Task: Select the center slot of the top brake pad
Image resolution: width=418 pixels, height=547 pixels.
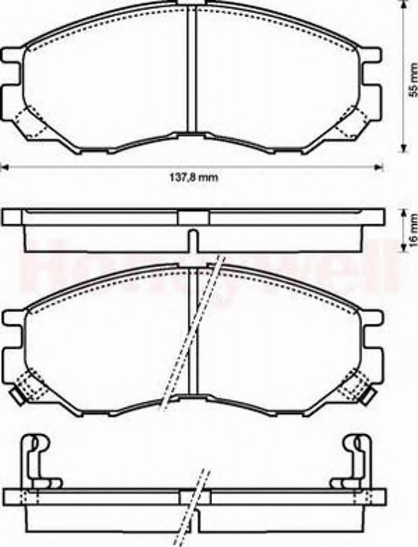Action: click(192, 70)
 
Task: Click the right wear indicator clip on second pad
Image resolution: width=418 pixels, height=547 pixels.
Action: click(370, 396)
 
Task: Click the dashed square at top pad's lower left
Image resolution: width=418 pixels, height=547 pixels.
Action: click(28, 122)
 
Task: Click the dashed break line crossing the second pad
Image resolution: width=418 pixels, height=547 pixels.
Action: click(190, 334)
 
